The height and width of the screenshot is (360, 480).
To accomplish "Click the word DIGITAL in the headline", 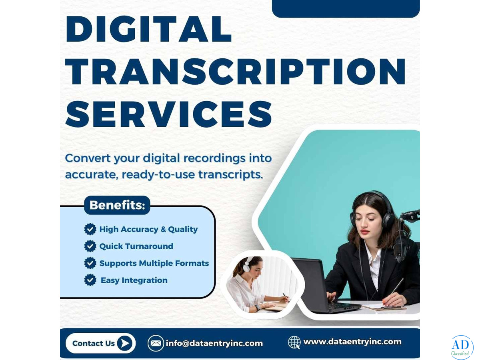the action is click(148, 29).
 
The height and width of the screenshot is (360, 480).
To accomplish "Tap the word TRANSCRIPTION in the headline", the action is click(236, 72).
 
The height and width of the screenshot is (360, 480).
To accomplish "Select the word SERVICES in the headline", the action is click(169, 114).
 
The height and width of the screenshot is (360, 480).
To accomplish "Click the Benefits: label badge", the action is click(117, 205).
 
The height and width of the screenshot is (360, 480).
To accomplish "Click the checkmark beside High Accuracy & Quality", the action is click(90, 229).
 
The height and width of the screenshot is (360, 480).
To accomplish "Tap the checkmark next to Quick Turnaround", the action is click(90, 246).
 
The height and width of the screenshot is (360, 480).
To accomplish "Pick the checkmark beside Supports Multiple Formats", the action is click(90, 263).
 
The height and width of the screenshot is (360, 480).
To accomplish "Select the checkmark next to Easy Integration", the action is click(90, 280).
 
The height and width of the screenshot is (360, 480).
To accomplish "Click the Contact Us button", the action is click(100, 343).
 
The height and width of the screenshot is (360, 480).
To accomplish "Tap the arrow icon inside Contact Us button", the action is click(125, 343).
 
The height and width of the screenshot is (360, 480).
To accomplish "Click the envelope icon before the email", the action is click(156, 343).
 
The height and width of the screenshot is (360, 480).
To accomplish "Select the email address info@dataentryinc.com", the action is click(214, 343).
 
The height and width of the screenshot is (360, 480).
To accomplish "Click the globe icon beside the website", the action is click(294, 342).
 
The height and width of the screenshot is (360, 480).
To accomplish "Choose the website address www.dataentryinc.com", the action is click(352, 342).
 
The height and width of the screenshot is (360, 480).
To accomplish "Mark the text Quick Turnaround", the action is click(136, 246).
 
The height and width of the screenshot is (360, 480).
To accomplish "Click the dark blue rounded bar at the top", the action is click(346, 8).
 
